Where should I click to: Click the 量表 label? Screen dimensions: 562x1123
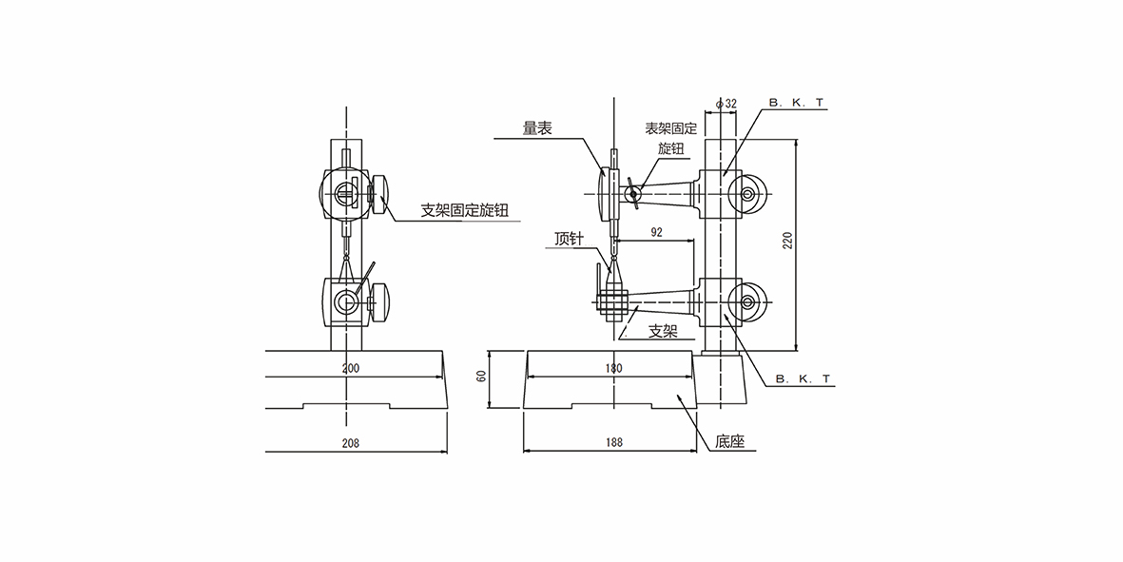pos(536,129)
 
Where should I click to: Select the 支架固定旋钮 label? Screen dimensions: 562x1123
pos(471,211)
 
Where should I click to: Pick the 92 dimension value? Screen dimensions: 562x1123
pos(656,231)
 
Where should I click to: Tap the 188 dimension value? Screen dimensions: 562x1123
pos(613,442)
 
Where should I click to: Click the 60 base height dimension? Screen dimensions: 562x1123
pos(481,376)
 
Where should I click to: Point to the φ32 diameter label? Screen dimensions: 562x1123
pos(727,102)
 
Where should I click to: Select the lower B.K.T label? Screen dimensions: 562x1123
pos(803,378)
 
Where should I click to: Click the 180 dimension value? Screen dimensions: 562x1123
pos(613,367)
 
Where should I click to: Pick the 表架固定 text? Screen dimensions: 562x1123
pos(671,128)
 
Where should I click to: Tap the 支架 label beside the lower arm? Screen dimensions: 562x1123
pos(663,332)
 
